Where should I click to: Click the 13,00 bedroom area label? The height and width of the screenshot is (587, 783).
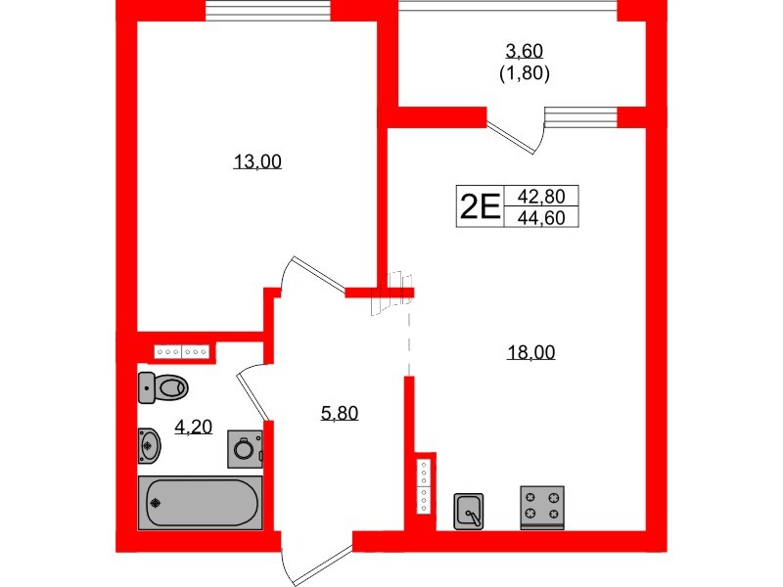257,162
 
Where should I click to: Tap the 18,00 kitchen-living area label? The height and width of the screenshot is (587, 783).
530,353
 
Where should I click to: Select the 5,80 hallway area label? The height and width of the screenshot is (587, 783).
340,413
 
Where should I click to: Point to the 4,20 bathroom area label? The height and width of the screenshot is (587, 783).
194,426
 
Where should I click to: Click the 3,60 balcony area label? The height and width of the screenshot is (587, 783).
524,52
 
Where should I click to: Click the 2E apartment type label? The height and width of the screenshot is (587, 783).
480,206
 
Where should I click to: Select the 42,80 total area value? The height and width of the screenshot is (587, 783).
540,195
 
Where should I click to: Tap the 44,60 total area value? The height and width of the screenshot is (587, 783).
540,218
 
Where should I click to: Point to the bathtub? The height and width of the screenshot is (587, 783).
201,503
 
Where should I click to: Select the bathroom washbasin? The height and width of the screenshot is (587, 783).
149,445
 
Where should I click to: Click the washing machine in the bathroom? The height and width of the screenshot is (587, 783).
245,450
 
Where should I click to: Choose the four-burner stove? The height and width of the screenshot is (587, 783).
542,507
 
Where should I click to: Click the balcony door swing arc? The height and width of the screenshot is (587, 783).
517,136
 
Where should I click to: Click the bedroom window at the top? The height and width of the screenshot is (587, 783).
257,11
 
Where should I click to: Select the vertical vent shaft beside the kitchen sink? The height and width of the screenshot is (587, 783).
424,485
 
